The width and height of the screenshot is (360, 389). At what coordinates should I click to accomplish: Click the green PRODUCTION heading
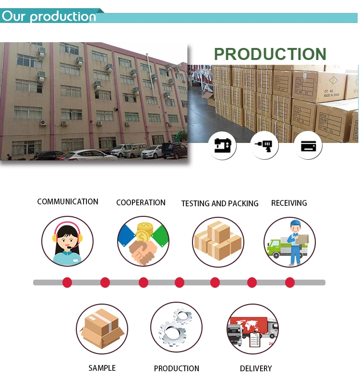pos(270,54)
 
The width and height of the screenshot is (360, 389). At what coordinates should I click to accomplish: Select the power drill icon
pos(264,145)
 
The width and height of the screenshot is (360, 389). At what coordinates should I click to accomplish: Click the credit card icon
pos(308,145)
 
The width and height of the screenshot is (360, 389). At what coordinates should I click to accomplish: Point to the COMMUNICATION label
pos(68,202)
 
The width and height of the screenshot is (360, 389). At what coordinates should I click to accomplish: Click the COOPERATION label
pos(141,203)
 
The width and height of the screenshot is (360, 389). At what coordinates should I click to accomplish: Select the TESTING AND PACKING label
pos(220,203)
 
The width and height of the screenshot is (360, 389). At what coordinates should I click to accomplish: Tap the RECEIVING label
pos(289,203)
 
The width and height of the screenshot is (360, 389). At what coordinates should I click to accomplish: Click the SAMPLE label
pos(102,368)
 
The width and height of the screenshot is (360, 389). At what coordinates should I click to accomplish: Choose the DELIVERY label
pos(256,368)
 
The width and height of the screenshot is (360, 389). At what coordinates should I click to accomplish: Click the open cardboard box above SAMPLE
pos(101,329)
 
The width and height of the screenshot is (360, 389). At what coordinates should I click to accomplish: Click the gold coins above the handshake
pos(143,232)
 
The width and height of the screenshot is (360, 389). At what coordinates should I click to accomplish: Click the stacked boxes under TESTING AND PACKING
pos(218,241)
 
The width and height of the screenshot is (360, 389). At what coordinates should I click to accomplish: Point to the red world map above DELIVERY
pos(252,325)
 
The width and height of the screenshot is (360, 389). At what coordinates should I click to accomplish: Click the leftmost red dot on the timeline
pos(67,283)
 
